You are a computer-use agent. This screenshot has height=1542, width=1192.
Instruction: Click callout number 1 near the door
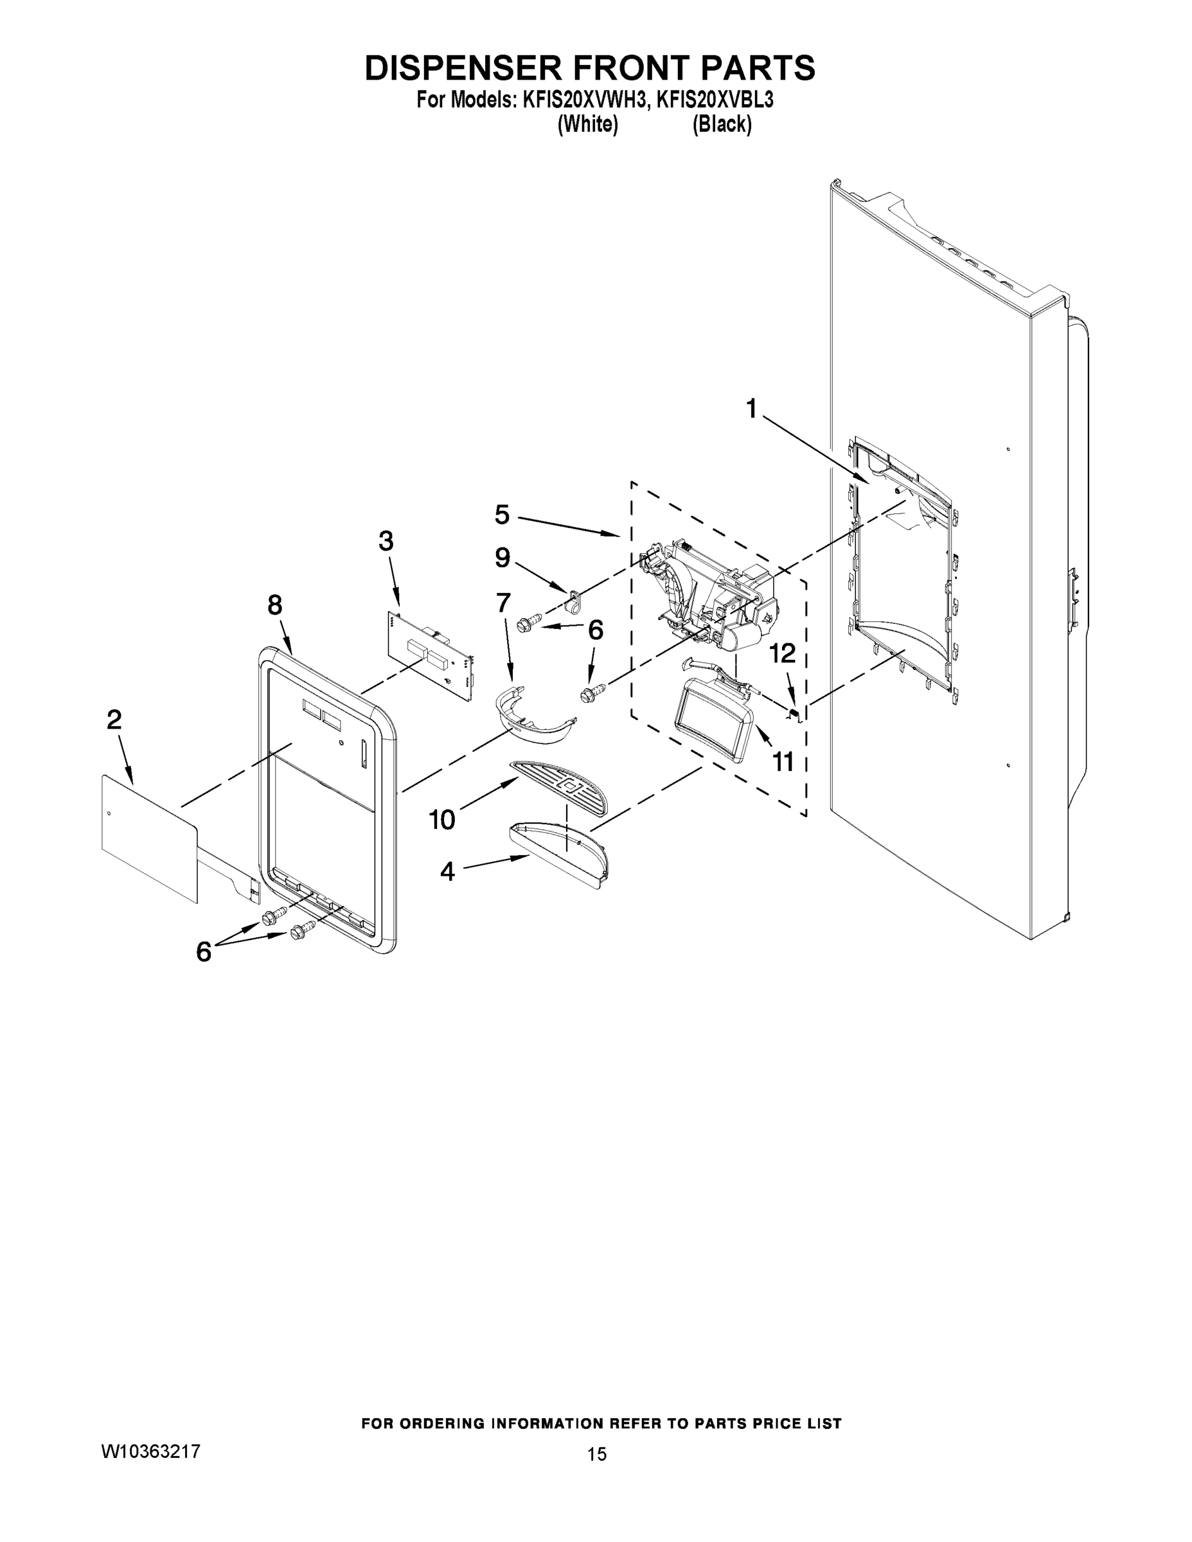[751, 408]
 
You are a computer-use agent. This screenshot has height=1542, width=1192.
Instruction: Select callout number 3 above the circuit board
[386, 541]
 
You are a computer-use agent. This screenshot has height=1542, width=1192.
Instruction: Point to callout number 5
[501, 515]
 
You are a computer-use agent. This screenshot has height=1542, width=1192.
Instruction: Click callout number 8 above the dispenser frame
[274, 605]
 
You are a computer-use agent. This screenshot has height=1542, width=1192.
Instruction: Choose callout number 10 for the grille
[442, 820]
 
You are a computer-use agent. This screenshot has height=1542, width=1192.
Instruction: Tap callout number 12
[783, 654]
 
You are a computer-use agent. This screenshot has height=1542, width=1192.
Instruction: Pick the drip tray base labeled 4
[558, 851]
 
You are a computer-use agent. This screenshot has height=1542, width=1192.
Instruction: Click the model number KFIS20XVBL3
[715, 100]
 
